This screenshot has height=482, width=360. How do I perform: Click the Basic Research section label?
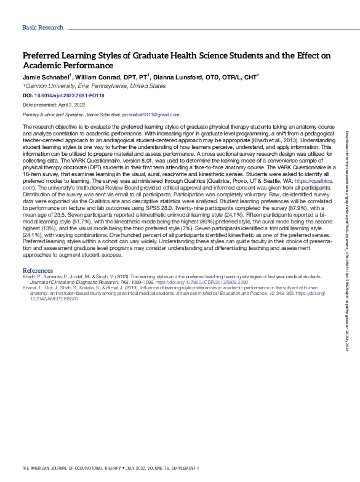pyautogui.click(x=42, y=28)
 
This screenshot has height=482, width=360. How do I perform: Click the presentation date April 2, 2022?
pyautogui.click(x=75, y=106)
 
